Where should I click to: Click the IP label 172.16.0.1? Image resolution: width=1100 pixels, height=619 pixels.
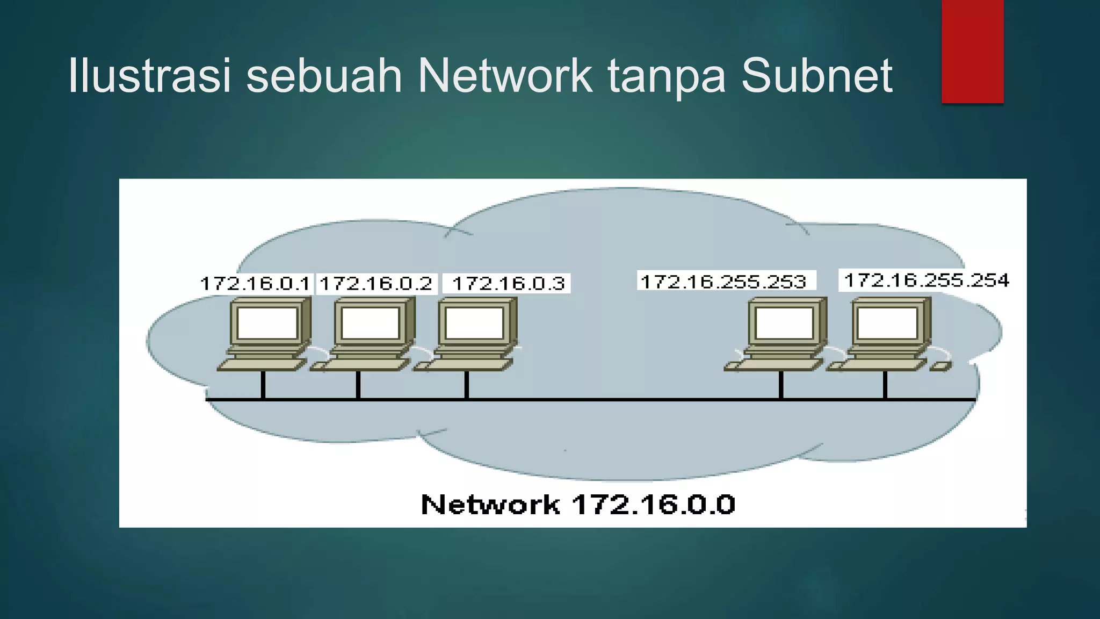tap(255, 283)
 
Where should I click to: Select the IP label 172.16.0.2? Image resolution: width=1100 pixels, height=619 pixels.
tap(376, 283)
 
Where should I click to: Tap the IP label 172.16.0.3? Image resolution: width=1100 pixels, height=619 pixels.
tap(508, 283)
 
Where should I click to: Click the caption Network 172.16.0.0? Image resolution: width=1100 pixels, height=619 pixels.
tap(577, 505)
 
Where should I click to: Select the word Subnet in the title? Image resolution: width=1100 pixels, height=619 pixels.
tap(816, 76)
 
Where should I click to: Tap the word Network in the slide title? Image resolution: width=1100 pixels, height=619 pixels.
tap(505, 76)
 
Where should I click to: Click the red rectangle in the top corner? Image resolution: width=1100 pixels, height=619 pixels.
tap(972, 51)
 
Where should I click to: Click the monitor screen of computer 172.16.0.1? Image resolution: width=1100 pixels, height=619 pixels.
tap(267, 323)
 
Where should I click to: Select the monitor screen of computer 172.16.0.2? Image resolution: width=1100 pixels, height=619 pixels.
tap(371, 323)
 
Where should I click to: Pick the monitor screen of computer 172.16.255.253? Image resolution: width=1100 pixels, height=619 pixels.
tap(784, 323)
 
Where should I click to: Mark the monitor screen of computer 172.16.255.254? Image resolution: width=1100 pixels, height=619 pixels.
tap(887, 323)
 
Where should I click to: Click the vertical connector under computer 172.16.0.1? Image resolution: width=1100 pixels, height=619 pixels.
tap(263, 385)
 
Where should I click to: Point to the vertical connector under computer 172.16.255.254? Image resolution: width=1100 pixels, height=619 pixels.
tap(885, 385)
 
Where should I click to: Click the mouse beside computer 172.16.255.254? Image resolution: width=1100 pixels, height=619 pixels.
tap(940, 366)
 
